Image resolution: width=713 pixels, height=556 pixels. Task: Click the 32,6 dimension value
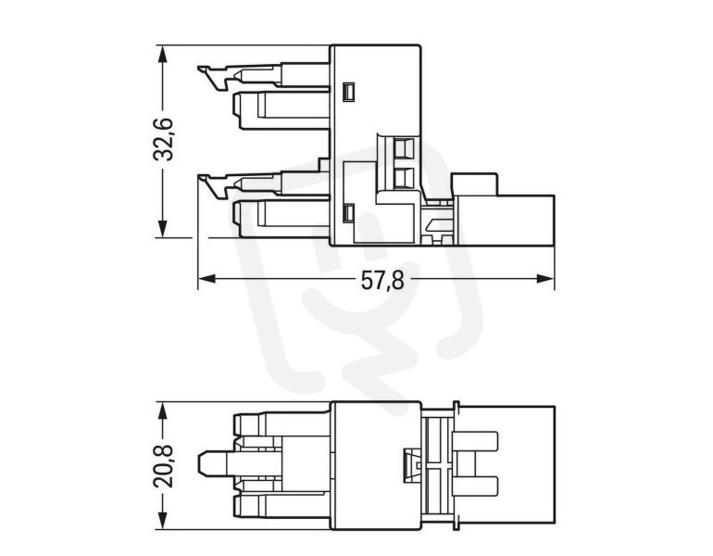162,139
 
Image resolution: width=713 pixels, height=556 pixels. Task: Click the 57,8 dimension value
382,280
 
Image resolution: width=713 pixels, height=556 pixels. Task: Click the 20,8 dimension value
163,466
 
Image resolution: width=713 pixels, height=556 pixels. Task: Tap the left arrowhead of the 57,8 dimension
206,278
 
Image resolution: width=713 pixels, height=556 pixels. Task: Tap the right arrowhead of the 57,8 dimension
545,278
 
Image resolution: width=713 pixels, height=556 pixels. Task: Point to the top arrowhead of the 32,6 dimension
162,54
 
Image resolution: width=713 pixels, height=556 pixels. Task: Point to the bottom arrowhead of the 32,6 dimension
162,228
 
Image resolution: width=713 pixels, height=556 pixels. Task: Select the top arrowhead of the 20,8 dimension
162,411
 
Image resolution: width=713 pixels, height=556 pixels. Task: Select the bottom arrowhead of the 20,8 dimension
162,521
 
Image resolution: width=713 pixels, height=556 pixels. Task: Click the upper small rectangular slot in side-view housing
349,92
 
